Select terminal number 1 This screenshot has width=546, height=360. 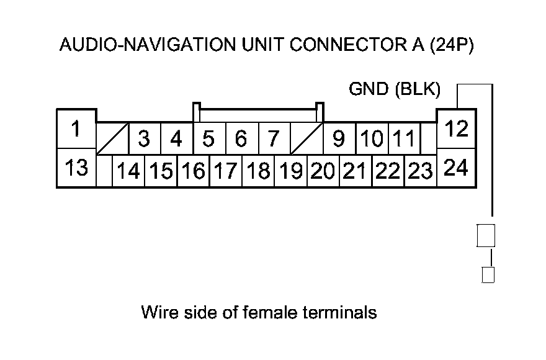click(x=76, y=130)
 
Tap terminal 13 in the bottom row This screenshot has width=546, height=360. click(x=76, y=168)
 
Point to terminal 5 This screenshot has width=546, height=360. click(x=209, y=138)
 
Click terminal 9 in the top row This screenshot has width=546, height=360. click(x=339, y=138)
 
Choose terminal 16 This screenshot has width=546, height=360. click(x=194, y=171)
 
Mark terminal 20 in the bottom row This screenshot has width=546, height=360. click(x=323, y=171)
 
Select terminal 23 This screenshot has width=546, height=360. click(x=421, y=171)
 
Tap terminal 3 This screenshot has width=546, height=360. click(x=144, y=138)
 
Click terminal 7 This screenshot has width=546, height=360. click(x=274, y=138)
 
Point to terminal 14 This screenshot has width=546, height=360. click(x=128, y=171)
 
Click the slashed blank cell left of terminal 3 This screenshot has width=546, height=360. click(x=113, y=138)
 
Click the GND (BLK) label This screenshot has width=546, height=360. click(x=395, y=91)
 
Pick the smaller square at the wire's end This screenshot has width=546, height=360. click(x=488, y=274)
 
